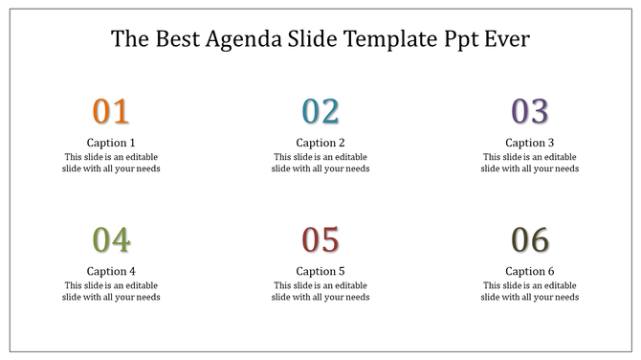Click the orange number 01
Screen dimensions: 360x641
pos(111,112)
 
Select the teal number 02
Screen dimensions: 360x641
pos(320,112)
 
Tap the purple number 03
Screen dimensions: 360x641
pos(529,112)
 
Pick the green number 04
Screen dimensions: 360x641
pos(111,240)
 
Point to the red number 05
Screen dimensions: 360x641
pos(320,240)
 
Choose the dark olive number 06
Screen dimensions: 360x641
pos(529,240)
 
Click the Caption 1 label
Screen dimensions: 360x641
pos(111,143)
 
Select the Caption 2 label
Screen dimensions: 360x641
pos(320,143)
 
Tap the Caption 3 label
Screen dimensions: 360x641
pos(529,143)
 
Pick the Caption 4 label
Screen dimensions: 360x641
pos(111,271)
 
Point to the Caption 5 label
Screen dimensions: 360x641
pos(320,271)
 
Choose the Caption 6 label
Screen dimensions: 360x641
pos(529,271)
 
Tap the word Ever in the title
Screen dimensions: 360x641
pos(507,39)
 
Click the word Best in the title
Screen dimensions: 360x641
pos(172,39)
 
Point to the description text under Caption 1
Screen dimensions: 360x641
pos(111,163)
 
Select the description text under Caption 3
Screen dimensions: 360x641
pos(529,163)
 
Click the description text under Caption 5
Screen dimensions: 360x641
pos(320,291)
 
